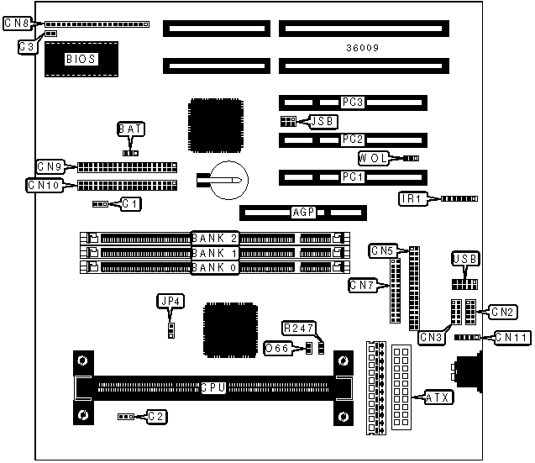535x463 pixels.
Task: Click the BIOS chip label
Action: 81,59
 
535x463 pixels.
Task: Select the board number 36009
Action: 362,48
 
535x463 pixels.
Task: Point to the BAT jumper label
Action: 130,129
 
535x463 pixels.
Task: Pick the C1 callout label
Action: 130,203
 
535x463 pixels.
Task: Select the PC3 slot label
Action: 352,103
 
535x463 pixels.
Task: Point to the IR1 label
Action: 412,198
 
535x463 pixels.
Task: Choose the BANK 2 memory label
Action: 216,237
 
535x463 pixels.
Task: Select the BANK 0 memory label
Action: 216,267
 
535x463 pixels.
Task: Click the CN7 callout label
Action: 362,285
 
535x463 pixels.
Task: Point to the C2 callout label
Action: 156,416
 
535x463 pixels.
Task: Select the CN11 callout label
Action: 511,337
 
